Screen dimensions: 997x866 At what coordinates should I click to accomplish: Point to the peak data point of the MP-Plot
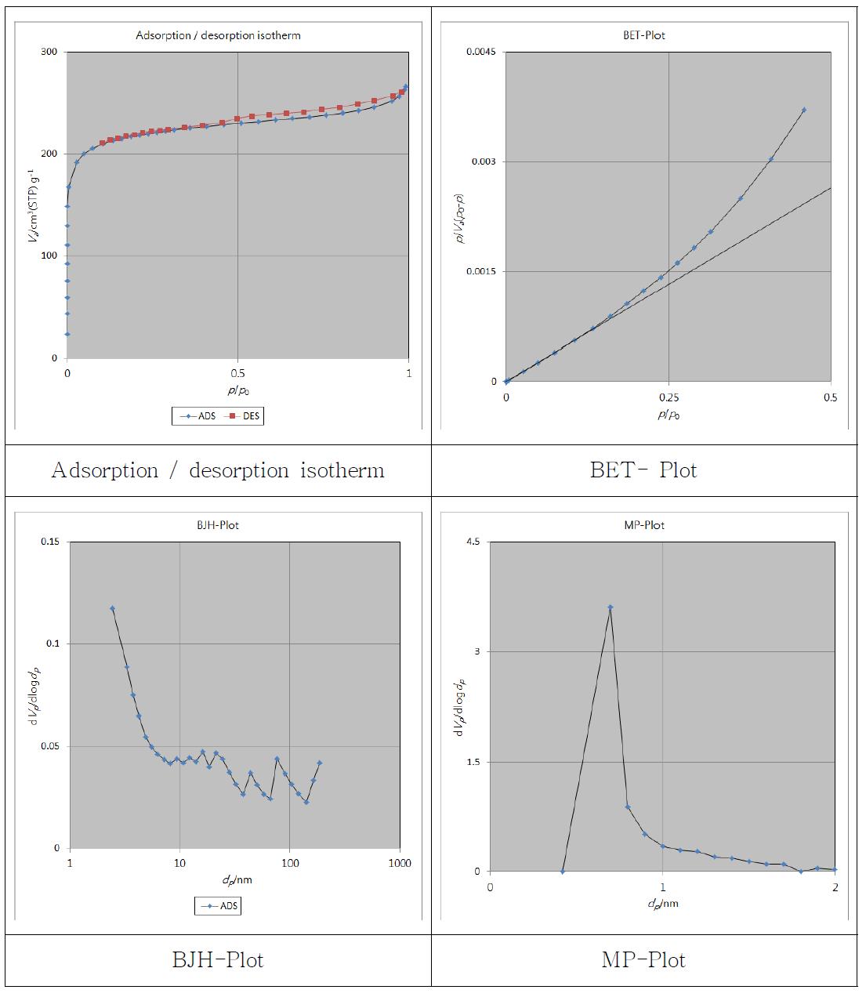coord(610,607)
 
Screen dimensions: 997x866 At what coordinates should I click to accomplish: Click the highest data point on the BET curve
coord(804,110)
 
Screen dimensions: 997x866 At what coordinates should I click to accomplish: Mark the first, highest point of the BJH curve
coord(112,608)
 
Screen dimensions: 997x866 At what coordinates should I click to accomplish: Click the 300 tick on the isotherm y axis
coord(49,52)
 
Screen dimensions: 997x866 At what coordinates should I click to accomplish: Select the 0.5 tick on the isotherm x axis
coord(237,373)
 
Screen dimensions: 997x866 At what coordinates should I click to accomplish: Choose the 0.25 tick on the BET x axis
coord(669,397)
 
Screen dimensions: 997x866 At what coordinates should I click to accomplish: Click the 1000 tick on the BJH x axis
coord(400,863)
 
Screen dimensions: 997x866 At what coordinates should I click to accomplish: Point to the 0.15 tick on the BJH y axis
coord(49,542)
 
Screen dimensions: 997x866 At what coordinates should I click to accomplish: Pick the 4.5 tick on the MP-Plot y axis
coord(473,542)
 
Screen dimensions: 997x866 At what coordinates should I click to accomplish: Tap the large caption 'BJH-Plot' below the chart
coord(218,959)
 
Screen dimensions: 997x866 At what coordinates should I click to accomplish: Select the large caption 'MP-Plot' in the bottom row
coord(643,959)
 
